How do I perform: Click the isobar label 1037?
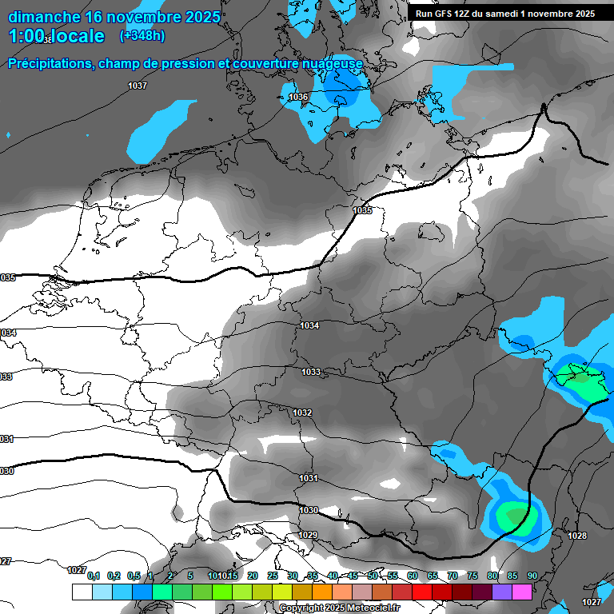click(x=138, y=85)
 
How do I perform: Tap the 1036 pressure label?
click(x=298, y=97)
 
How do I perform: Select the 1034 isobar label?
click(x=310, y=325)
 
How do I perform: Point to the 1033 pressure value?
click(x=311, y=372)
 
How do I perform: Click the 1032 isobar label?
click(x=302, y=413)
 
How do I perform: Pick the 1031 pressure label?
click(x=309, y=478)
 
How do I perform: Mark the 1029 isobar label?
click(x=309, y=535)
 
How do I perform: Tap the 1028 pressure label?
click(x=576, y=536)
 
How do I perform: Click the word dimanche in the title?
click(x=44, y=17)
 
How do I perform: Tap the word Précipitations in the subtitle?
click(x=48, y=63)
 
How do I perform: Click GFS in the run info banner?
click(x=443, y=14)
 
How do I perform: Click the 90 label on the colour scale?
click(x=532, y=576)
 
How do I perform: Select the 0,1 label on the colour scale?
click(x=93, y=576)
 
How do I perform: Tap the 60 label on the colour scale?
click(x=413, y=576)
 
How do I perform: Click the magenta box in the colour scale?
click(x=522, y=592)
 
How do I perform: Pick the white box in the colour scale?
click(x=82, y=592)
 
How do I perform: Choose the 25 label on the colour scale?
click(x=273, y=576)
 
